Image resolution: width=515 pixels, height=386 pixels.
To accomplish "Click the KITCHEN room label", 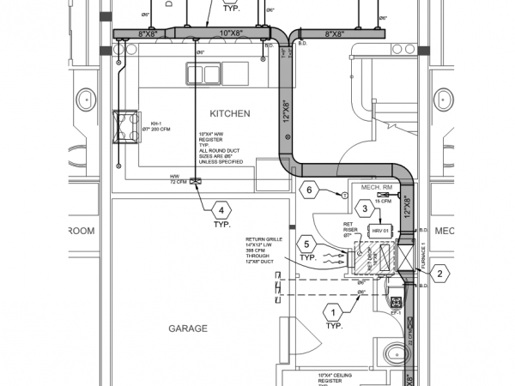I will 229,113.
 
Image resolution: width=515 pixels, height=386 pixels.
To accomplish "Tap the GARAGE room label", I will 188,328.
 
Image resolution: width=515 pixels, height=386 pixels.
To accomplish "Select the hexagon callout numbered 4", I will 221,209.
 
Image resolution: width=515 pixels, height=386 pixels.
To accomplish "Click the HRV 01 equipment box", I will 379,231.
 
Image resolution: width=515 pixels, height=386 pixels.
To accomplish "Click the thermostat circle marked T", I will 344,196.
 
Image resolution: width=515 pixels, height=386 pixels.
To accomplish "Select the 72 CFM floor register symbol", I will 196,180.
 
